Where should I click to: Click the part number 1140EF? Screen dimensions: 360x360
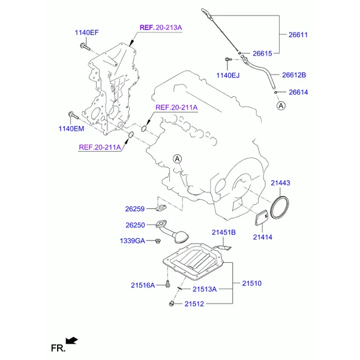click(x=86, y=32)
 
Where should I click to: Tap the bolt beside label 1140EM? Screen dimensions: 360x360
click(x=73, y=116)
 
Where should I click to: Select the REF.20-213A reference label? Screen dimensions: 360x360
click(x=161, y=28)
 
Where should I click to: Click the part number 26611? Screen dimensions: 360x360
click(x=298, y=35)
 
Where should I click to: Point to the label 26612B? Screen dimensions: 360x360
click(x=294, y=75)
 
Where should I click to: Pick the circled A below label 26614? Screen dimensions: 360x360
click(x=281, y=106)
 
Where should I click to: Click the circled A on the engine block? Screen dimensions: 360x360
click(x=177, y=159)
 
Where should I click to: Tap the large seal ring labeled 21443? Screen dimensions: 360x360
click(x=280, y=207)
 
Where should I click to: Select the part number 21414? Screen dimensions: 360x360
click(x=263, y=237)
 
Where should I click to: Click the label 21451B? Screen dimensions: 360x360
click(x=224, y=232)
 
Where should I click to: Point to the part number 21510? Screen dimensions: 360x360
click(x=251, y=283)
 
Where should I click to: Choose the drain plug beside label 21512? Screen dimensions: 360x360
click(x=171, y=304)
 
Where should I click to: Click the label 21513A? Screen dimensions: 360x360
click(x=205, y=289)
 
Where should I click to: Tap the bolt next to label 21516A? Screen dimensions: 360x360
click(x=168, y=284)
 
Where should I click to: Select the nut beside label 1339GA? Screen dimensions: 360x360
click(x=158, y=241)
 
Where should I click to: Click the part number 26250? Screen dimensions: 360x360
click(x=135, y=225)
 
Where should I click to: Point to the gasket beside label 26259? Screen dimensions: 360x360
click(x=161, y=208)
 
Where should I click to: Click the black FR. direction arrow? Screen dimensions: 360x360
click(x=71, y=340)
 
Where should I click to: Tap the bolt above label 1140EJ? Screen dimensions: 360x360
click(x=227, y=59)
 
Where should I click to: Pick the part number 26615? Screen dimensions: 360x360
click(x=262, y=53)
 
